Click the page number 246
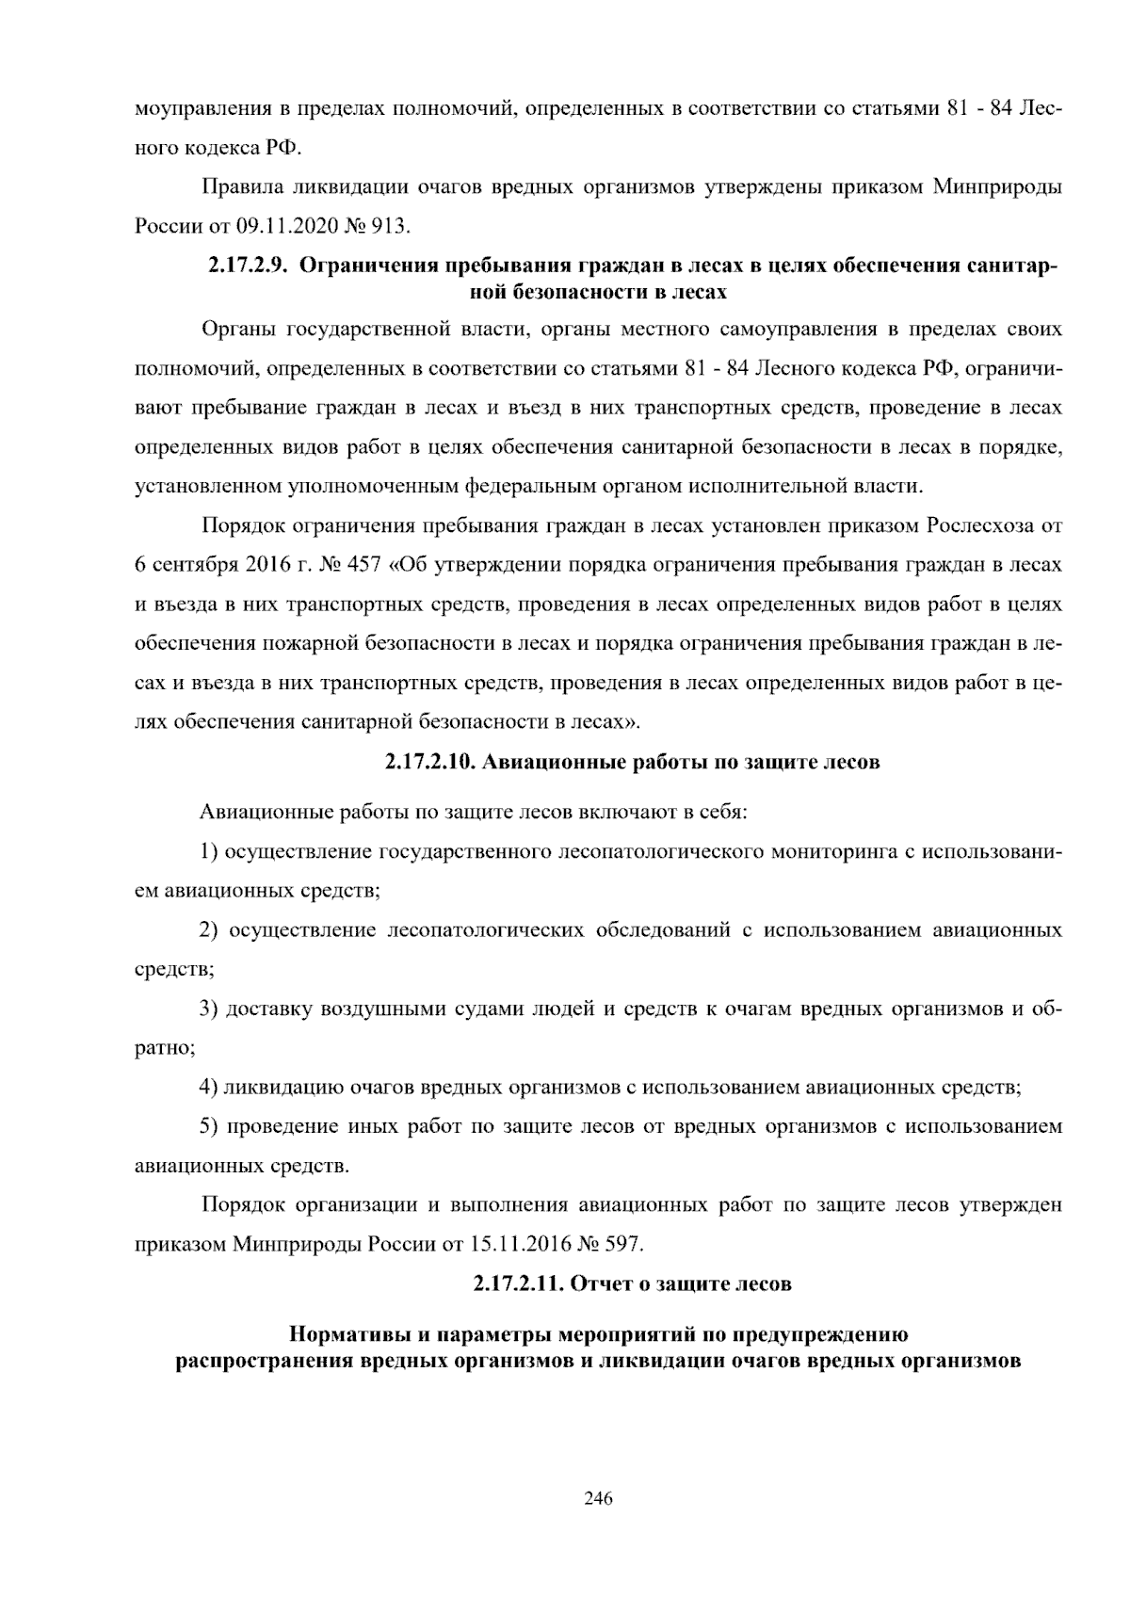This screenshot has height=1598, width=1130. pyautogui.click(x=598, y=1498)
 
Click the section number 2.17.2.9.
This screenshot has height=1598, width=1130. pyautogui.click(x=246, y=266)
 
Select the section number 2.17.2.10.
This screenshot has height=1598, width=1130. pyautogui.click(x=428, y=762)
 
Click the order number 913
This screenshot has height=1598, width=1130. pyautogui.click(x=393, y=226)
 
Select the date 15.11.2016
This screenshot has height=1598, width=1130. pyautogui.click(x=515, y=1244)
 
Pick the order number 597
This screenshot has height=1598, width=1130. pyautogui.click(x=622, y=1244)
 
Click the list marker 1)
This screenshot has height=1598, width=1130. pyautogui.click(x=209, y=852)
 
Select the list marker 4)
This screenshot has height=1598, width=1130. pyautogui.click(x=209, y=1088)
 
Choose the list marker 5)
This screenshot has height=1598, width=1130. pyautogui.click(x=209, y=1127)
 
